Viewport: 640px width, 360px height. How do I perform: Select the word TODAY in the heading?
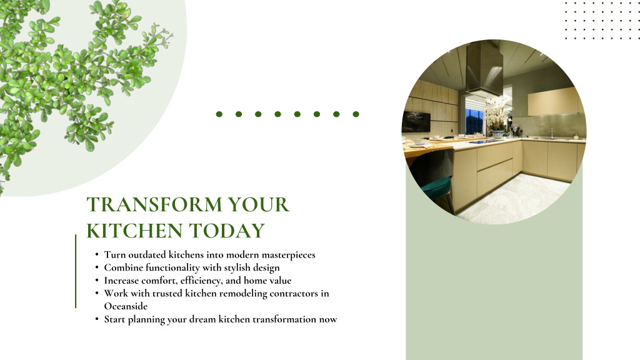pos(227,231)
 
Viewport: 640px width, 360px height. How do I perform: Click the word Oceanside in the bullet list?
pos(126,306)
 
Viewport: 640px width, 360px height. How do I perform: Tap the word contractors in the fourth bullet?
pos(294,294)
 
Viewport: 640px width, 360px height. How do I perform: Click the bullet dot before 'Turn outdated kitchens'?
pos(97,255)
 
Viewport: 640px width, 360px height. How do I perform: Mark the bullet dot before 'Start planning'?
pos(97,319)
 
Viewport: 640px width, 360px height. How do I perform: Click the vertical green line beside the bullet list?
pos(76,271)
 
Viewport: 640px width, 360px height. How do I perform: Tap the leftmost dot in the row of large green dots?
pos(219,114)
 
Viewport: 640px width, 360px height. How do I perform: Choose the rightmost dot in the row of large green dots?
pos(356,114)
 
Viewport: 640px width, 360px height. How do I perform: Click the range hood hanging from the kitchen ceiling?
pos(484,68)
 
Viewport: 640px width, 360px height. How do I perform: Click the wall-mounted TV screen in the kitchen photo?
pos(416,121)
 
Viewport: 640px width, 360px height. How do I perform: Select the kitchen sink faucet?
pos(552,134)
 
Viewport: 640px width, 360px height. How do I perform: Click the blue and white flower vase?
pos(498,134)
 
